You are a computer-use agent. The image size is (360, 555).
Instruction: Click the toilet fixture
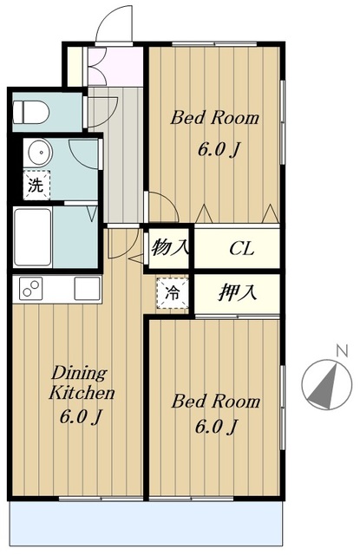(x=31, y=112)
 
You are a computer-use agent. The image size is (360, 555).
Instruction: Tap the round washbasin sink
(x=41, y=153)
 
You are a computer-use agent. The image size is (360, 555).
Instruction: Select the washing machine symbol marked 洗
(x=36, y=185)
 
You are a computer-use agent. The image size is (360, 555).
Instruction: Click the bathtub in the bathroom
(x=33, y=237)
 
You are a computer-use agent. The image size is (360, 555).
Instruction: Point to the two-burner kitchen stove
(x=31, y=288)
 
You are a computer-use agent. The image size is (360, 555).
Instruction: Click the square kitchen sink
(x=87, y=288)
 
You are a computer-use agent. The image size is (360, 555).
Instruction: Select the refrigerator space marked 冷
(x=173, y=293)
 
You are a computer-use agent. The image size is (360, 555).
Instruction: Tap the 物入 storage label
(x=169, y=247)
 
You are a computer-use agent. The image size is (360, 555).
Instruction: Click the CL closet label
(x=242, y=249)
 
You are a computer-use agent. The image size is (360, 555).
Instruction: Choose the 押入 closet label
(x=237, y=293)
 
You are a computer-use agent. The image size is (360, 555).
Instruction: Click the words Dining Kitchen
(x=82, y=383)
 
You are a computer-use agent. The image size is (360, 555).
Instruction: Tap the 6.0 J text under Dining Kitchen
(x=81, y=416)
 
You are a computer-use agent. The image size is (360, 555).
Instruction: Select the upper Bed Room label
(x=214, y=118)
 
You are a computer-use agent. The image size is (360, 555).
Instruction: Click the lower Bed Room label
(x=216, y=402)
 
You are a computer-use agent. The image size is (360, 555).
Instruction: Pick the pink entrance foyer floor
(x=115, y=66)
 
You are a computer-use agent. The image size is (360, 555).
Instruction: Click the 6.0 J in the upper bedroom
(x=219, y=150)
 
